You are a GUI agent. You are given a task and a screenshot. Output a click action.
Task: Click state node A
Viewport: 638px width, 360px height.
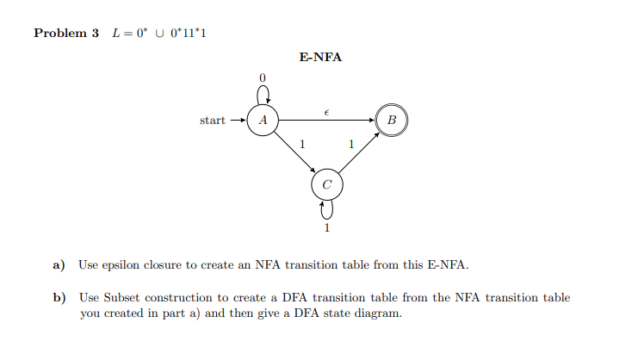pos(263,121)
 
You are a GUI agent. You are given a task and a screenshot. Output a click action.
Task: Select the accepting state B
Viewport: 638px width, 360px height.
pos(392,121)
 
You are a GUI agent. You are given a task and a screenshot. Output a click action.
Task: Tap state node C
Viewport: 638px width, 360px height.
pos(326,184)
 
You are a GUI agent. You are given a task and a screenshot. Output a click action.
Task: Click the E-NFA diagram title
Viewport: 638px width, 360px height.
pos(320,58)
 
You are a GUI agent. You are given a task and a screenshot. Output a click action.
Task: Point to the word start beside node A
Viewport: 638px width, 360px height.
pos(213,121)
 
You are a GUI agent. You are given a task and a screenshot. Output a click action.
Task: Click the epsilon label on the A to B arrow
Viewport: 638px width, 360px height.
pos(326,111)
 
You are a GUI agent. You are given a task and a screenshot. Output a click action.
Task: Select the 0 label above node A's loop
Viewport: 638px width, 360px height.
pos(263,78)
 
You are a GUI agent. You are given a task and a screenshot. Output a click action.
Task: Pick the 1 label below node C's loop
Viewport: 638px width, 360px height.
pos(327,228)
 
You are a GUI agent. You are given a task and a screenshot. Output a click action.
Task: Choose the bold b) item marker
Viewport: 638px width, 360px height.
pos(60,298)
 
